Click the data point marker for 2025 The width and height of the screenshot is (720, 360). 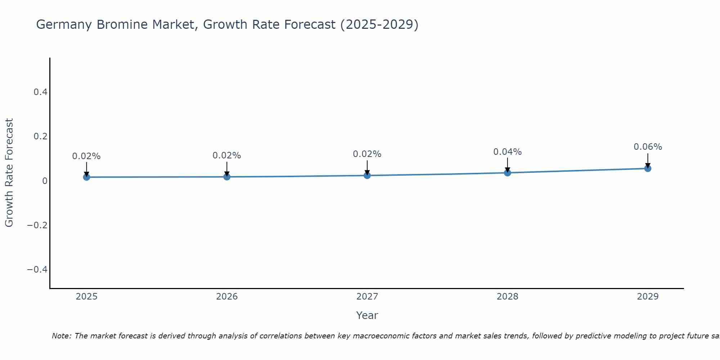86,177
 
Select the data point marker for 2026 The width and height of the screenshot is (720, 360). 227,177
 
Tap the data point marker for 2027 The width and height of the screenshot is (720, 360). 367,175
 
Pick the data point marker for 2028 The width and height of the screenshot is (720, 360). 508,173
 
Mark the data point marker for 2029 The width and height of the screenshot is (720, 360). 648,168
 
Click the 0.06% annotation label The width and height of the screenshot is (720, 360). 648,147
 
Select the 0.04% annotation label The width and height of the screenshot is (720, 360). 507,152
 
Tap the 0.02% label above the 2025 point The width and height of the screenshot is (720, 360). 86,156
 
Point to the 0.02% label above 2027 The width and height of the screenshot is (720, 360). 367,154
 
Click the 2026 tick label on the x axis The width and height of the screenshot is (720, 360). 227,297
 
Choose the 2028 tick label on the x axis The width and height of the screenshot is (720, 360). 507,297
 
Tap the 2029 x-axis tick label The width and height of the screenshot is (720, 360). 648,297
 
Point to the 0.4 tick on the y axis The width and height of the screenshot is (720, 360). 40,92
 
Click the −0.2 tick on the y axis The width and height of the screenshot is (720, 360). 37,225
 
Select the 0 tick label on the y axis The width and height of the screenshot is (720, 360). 45,181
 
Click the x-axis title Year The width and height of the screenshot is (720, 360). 367,315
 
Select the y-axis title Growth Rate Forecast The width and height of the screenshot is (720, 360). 9,173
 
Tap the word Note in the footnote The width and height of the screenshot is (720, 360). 61,336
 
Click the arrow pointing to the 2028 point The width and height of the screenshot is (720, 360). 508,165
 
